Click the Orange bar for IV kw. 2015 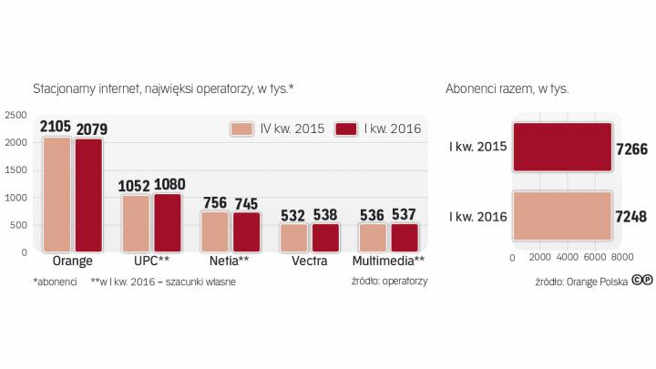pos(56,194)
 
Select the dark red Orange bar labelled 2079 pos(88,195)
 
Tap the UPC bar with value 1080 pos(168,222)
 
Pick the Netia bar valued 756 pos(215,231)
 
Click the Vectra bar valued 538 pos(325,238)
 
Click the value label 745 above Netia pos(247,203)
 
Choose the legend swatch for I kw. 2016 pos(346,128)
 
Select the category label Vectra pos(310,261)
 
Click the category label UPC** pos(151,261)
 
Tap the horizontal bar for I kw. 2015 pos(562,147)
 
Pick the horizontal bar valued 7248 pos(562,216)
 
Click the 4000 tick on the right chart pos(567,258)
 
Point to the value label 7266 pos(631,148)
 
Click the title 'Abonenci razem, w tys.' pos(507,89)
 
